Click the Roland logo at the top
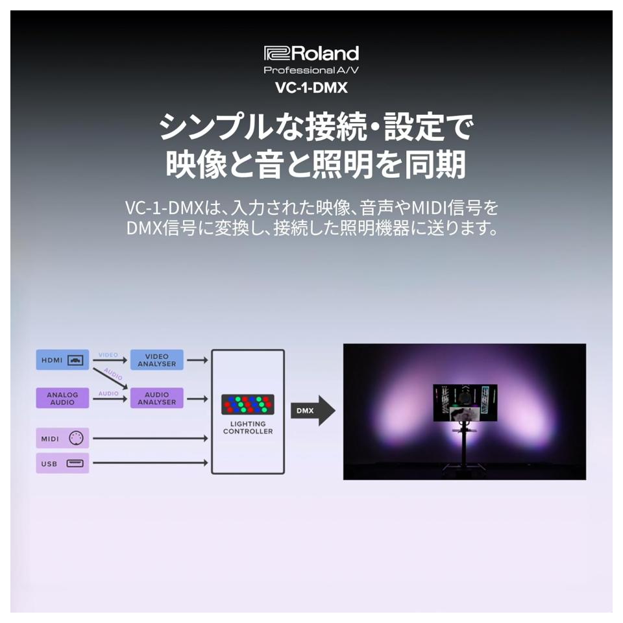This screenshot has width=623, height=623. tap(311, 53)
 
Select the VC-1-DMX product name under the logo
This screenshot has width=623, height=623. tap(311, 88)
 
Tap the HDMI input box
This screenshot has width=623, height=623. tap(62, 360)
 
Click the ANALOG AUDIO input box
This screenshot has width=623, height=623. tap(62, 398)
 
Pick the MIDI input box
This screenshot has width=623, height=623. tap(62, 438)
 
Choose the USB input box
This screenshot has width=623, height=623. tap(62, 463)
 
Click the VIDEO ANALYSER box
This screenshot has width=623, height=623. tap(157, 360)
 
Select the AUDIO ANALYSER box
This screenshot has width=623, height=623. tap(157, 398)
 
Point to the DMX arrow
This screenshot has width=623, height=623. tap(313, 411)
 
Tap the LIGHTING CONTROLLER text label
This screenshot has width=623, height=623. tap(248, 428)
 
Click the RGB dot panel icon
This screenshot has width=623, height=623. tap(248, 404)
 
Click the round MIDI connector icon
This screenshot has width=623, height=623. tap(77, 438)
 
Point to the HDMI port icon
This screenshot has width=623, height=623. tap(75, 360)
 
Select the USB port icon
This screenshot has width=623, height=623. tap(75, 463)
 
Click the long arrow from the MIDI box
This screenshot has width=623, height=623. tap(151, 438)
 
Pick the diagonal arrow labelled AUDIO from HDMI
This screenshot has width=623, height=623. tap(110, 378)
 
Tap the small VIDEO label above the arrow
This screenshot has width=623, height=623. tap(108, 355)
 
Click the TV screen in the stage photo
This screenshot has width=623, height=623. tap(465, 403)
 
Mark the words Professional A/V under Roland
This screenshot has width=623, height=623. tap(311, 70)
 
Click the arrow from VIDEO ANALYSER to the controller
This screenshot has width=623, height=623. tap(197, 360)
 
